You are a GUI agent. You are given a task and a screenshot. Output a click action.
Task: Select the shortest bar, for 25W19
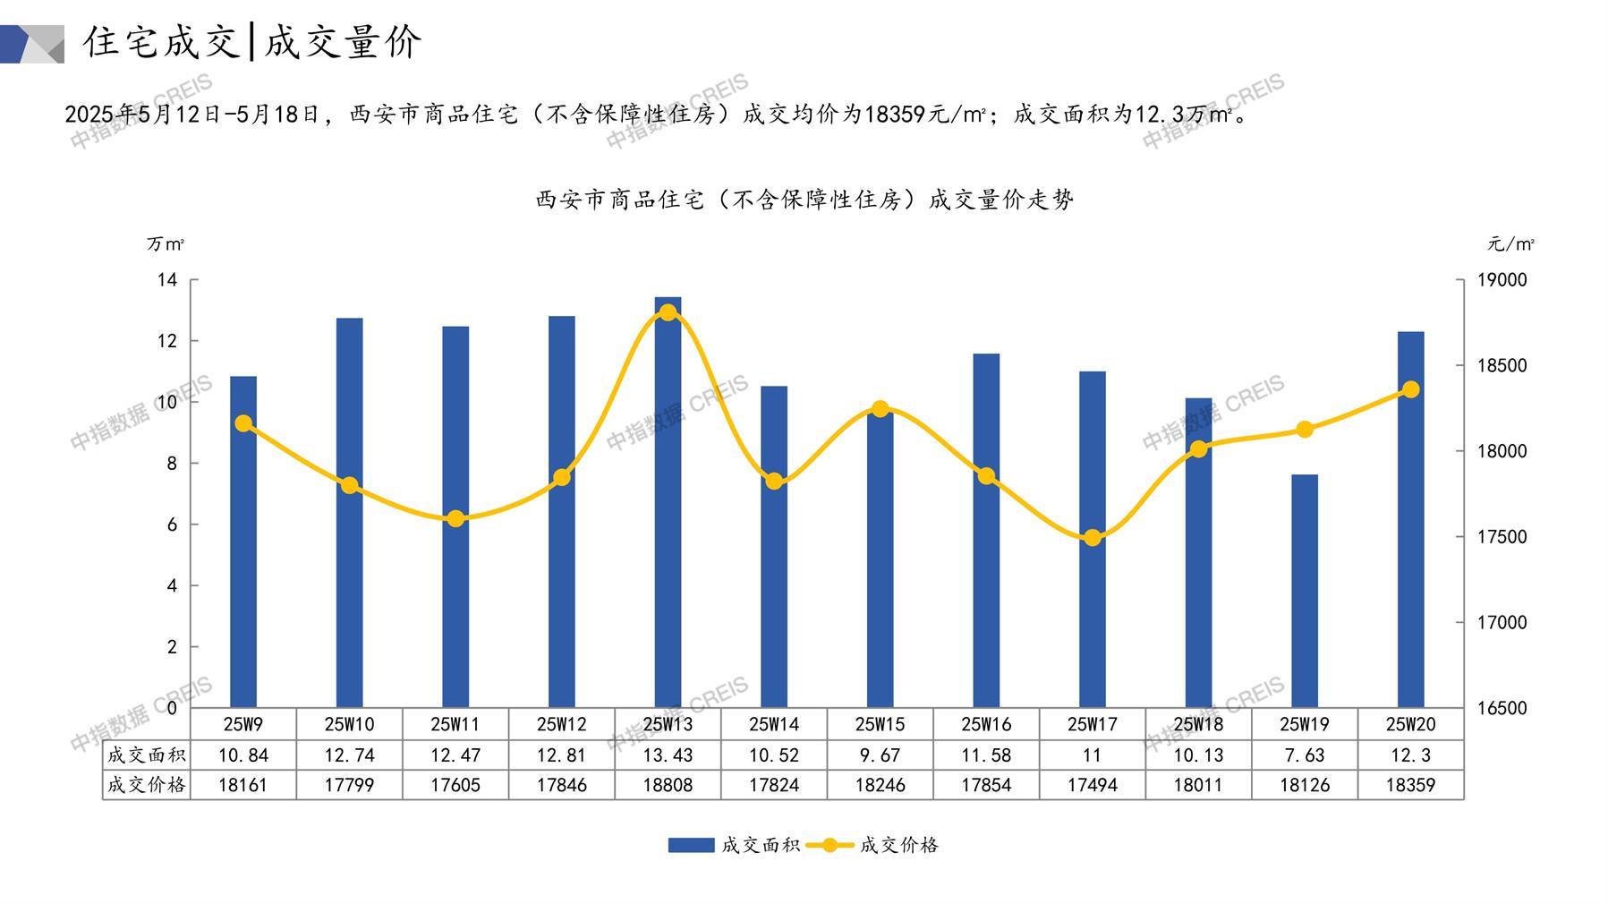tap(1305, 591)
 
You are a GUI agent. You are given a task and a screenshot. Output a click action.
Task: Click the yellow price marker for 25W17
tap(1092, 538)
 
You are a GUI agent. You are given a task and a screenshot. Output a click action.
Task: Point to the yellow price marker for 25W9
tap(243, 423)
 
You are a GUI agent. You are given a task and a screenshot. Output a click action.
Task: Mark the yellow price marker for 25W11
tap(455, 519)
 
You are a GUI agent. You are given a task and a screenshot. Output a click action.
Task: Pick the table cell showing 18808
tap(668, 785)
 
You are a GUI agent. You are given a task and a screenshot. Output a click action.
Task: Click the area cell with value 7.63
tap(1305, 755)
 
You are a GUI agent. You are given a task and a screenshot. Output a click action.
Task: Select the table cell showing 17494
tap(1092, 785)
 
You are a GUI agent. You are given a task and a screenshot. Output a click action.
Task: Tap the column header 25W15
tap(880, 724)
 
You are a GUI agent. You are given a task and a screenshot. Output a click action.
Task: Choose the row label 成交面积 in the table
tap(146, 755)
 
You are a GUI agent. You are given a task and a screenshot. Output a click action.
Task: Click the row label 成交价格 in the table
tap(146, 785)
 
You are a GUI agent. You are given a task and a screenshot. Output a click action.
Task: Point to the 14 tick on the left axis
tap(167, 280)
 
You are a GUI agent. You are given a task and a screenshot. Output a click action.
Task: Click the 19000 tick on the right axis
tap(1502, 280)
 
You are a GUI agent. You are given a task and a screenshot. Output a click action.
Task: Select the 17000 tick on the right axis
tap(1502, 622)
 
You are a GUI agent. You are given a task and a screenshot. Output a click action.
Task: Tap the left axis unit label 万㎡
tap(166, 243)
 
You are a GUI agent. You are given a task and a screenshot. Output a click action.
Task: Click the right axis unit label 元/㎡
tap(1510, 243)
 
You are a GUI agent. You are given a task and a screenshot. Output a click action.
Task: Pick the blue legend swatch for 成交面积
tap(691, 845)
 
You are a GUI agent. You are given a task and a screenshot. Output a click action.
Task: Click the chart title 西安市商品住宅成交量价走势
tap(804, 200)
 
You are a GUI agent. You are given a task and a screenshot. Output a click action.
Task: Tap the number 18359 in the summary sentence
tap(895, 115)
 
